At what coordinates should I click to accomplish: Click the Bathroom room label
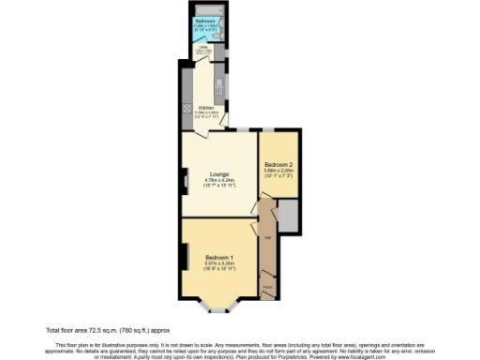click(x=204, y=20)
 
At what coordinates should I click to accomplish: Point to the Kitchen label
click(x=206, y=107)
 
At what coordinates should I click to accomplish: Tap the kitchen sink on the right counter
click(x=222, y=75)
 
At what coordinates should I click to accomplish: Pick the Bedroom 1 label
click(x=218, y=257)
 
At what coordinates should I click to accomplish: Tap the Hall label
click(x=267, y=237)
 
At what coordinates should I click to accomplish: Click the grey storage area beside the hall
click(x=290, y=217)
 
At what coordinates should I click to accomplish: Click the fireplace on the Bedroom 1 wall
click(x=184, y=258)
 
